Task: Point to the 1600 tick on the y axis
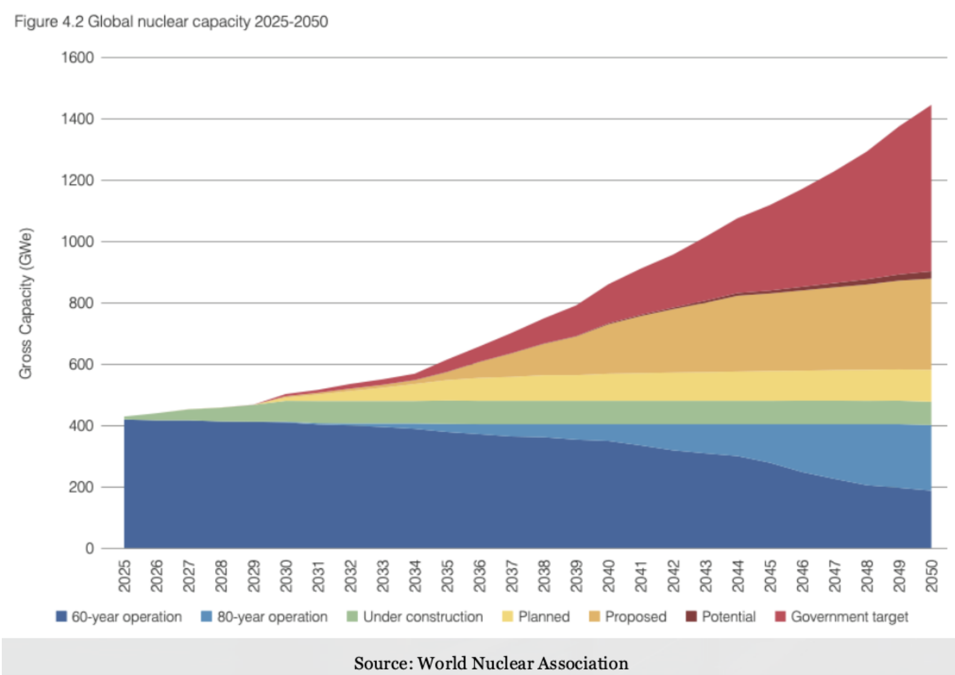coord(77,58)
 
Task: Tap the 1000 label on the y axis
coord(77,242)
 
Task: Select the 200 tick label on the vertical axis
coord(81,487)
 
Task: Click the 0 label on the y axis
coord(89,548)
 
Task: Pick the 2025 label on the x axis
coord(125,576)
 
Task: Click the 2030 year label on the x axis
coord(286,576)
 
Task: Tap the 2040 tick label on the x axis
coord(609,576)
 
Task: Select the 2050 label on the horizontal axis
coord(932,576)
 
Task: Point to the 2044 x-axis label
coord(738,576)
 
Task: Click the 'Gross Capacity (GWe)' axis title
coord(25,303)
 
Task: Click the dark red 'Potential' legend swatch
coord(691,617)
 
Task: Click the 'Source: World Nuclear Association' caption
coord(491,663)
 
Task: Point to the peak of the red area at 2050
coord(931,106)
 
